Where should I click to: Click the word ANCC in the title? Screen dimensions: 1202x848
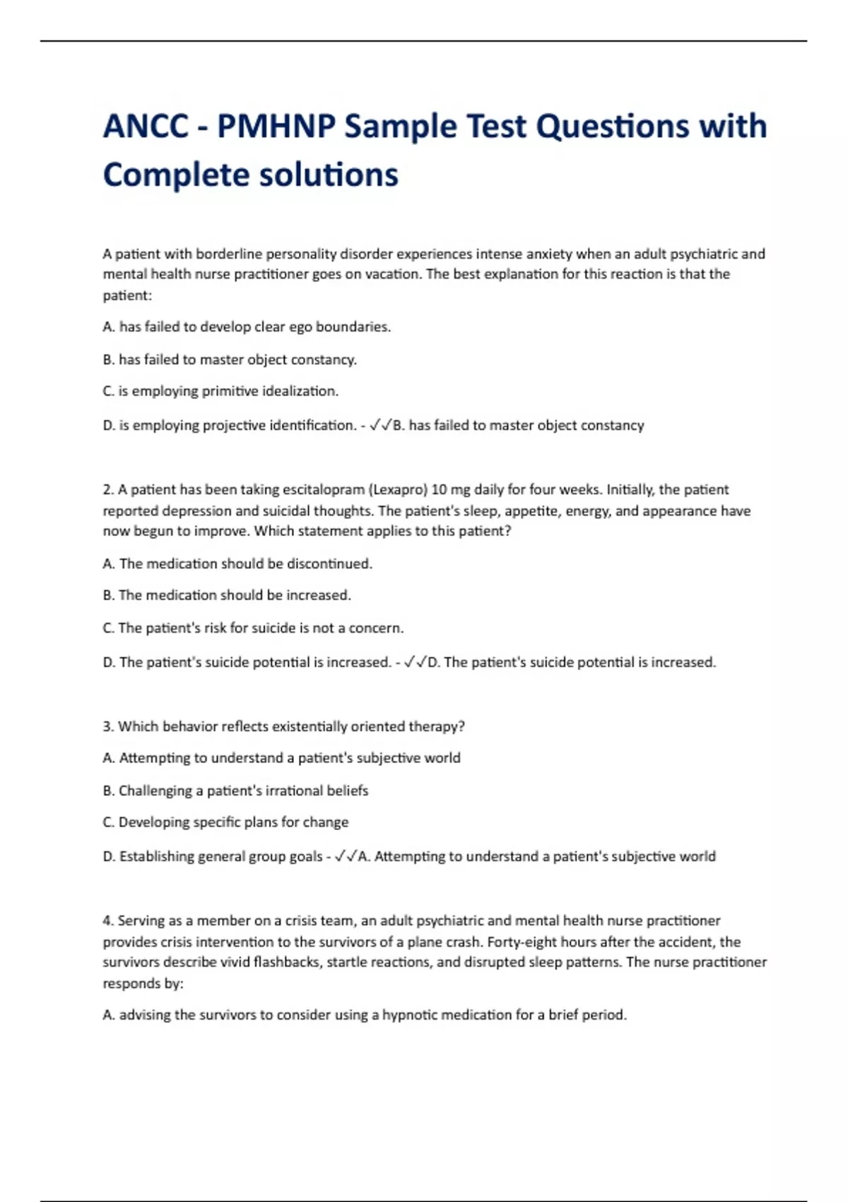pyautogui.click(x=146, y=127)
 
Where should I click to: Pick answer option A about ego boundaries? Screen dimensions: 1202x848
pyautogui.click(x=247, y=327)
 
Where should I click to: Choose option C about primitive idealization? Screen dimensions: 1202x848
pyautogui.click(x=220, y=391)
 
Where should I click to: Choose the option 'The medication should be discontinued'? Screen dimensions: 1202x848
pyautogui.click(x=237, y=564)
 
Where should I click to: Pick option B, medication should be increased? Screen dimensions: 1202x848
pyautogui.click(x=227, y=595)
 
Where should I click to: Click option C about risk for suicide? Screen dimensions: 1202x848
pyautogui.click(x=253, y=628)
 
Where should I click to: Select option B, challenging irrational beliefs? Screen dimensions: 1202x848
pyautogui.click(x=235, y=790)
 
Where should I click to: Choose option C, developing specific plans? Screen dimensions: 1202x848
pyautogui.click(x=225, y=822)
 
